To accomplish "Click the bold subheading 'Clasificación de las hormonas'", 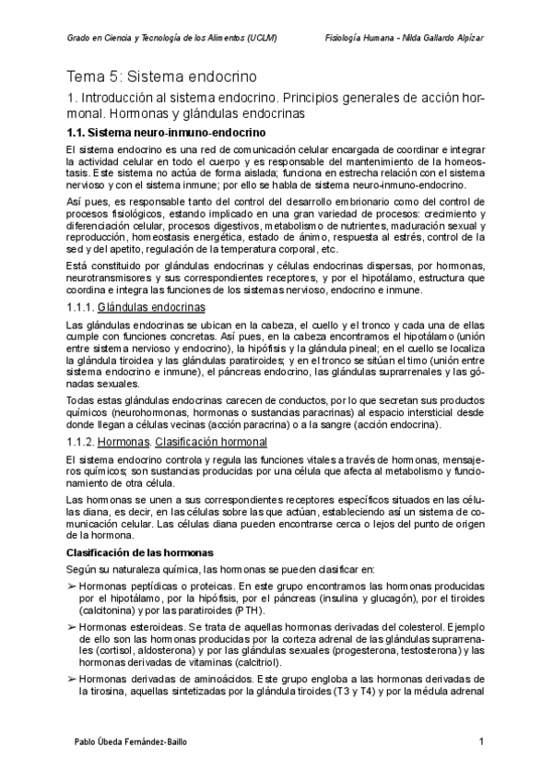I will click(x=139, y=552).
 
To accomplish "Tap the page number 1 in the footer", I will click(x=481, y=741).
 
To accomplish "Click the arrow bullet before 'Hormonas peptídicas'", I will click(x=72, y=586).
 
